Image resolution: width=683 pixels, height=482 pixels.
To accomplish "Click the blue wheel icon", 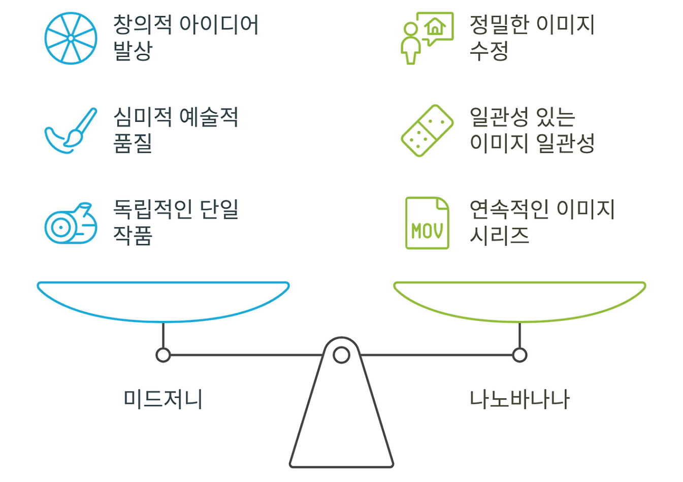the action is tap(71, 39).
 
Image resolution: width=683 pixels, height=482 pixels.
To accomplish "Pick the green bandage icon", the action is tap(427, 131).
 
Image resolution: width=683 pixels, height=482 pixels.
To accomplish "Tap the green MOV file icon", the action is tap(427, 223).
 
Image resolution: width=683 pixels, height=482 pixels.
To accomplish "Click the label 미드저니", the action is tap(163, 399).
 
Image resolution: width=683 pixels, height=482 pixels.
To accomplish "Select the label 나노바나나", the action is tap(519, 399).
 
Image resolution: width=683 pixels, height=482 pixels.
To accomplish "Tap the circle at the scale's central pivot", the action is tap(341, 355).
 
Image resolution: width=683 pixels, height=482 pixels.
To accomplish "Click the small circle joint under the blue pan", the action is tap(163, 355).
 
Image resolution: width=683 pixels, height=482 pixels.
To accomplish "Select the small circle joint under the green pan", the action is tap(519, 355).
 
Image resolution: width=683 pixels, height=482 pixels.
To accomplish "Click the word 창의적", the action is tap(142, 24).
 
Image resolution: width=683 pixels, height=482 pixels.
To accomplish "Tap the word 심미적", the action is tap(142, 117).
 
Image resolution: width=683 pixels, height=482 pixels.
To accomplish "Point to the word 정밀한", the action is tap(499, 24).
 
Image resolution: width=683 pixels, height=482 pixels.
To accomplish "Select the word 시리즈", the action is tap(499, 235).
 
